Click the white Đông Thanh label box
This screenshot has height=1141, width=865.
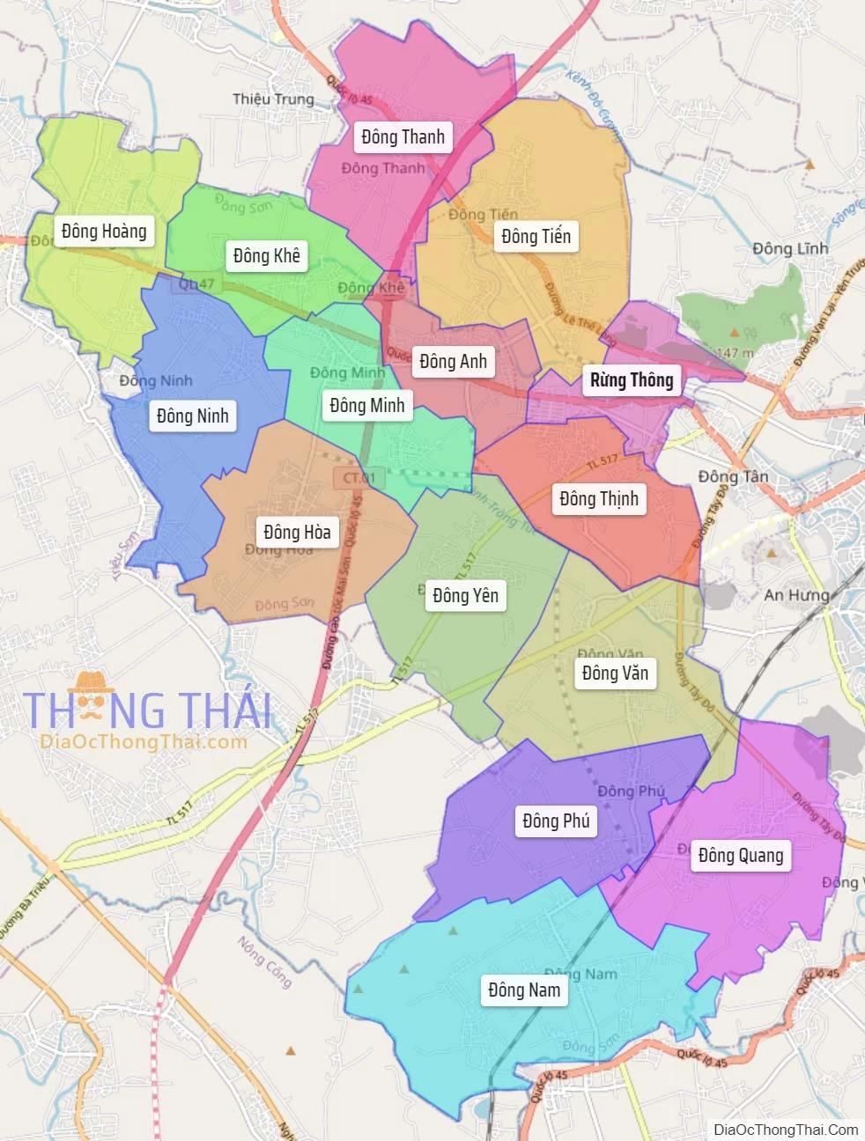(x=403, y=136)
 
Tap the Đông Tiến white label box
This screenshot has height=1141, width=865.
(x=536, y=236)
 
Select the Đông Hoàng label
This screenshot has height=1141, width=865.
(x=104, y=231)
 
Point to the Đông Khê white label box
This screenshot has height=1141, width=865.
(x=266, y=255)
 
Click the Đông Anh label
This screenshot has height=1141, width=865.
(x=453, y=361)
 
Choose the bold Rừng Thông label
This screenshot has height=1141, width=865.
(x=632, y=379)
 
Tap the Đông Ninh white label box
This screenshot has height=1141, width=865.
(x=192, y=416)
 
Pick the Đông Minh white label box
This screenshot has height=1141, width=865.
(x=366, y=405)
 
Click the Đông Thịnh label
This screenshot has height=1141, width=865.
(x=599, y=498)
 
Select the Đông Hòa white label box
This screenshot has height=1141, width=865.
(x=297, y=532)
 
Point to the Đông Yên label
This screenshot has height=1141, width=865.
(x=465, y=595)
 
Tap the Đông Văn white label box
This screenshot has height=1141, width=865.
(x=615, y=673)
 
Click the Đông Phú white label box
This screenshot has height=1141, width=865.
(x=556, y=821)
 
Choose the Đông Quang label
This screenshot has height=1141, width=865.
(x=740, y=855)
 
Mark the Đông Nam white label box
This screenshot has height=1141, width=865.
(x=524, y=990)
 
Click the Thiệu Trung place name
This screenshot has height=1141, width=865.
(x=273, y=99)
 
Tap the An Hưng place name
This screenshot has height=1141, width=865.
(x=796, y=594)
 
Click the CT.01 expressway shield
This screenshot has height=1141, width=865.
(x=359, y=478)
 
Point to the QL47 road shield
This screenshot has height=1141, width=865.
(x=196, y=283)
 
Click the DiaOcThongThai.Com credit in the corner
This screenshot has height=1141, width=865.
(x=786, y=1130)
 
